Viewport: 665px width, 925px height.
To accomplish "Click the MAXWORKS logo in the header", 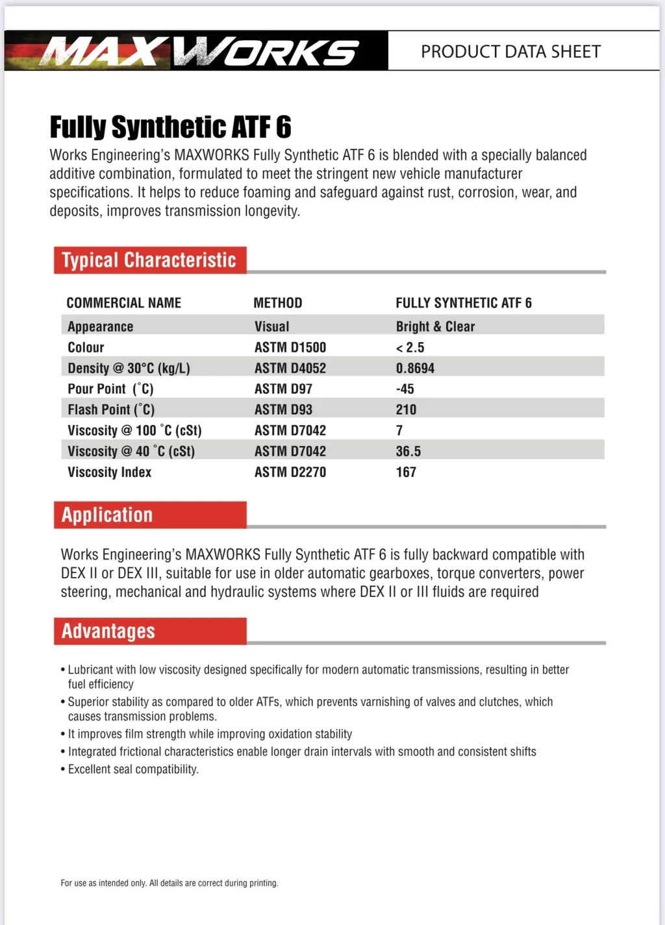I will tap(198, 51).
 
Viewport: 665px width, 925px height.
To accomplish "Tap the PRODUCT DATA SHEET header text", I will tap(510, 51).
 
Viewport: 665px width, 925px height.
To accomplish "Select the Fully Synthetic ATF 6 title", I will tap(170, 127).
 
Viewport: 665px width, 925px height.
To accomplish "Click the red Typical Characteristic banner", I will tap(150, 260).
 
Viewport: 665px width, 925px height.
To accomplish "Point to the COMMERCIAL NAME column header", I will tap(123, 303).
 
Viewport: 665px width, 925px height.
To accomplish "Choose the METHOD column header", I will tap(277, 303).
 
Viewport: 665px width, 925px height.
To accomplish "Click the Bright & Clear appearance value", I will tap(435, 327).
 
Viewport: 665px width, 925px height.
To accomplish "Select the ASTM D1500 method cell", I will tap(290, 347).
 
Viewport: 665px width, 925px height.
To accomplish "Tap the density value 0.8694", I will tap(415, 368).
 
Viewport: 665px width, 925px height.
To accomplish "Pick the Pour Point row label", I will tap(110, 389).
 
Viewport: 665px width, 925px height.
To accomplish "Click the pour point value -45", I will tap(405, 389).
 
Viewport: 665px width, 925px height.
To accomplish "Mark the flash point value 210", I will tap(406, 410).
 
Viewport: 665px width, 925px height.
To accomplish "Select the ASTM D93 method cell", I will tap(283, 410).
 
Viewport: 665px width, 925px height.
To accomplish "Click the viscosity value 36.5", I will tap(408, 451).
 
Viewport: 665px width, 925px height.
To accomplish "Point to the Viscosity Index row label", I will tap(109, 472).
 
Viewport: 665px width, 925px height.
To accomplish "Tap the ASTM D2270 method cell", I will tap(290, 472).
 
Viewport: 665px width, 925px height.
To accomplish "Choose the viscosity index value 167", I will tap(406, 472).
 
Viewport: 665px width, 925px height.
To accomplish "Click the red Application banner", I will tap(150, 515).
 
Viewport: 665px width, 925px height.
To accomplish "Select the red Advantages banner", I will tap(150, 631).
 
